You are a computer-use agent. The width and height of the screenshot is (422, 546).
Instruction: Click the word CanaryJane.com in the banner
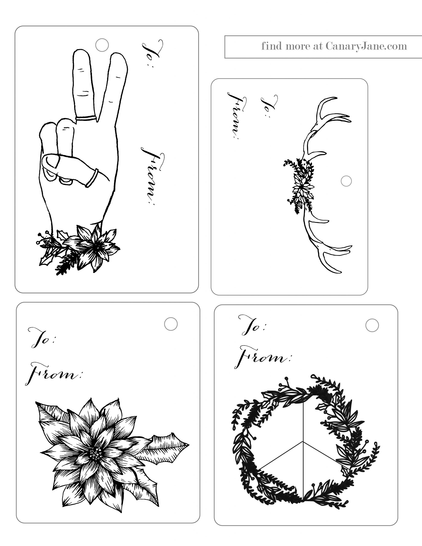pyautogui.click(x=366, y=46)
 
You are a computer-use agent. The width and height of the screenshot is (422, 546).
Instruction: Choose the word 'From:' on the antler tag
pyautogui.click(x=237, y=116)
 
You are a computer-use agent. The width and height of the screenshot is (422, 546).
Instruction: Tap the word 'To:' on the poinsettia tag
pyautogui.click(x=42, y=337)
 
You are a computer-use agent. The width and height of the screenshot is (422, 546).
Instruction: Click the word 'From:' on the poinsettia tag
pyautogui.click(x=54, y=374)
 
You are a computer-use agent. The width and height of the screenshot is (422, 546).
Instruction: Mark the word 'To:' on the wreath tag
pyautogui.click(x=252, y=325)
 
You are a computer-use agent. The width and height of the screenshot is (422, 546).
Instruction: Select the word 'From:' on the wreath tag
pyautogui.click(x=263, y=357)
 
